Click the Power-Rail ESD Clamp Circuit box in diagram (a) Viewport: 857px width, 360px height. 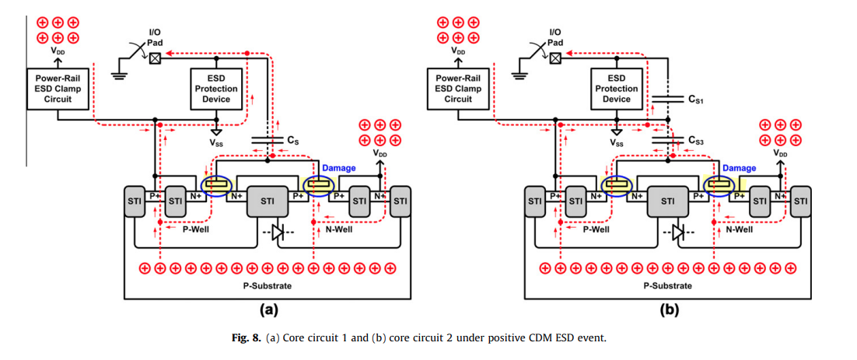coord(58,89)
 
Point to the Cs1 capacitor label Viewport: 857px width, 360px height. coord(697,100)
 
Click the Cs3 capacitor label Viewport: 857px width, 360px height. coord(697,141)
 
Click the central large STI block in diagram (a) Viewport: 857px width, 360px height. coord(268,201)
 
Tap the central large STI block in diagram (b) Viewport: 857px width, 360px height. coord(668,201)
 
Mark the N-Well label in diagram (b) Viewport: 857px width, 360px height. coord(739,230)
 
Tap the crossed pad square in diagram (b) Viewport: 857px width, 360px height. coord(555,58)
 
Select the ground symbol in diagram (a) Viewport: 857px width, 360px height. coord(119,75)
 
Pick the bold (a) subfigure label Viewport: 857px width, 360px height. coord(268,310)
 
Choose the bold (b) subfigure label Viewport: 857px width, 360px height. coord(669,310)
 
